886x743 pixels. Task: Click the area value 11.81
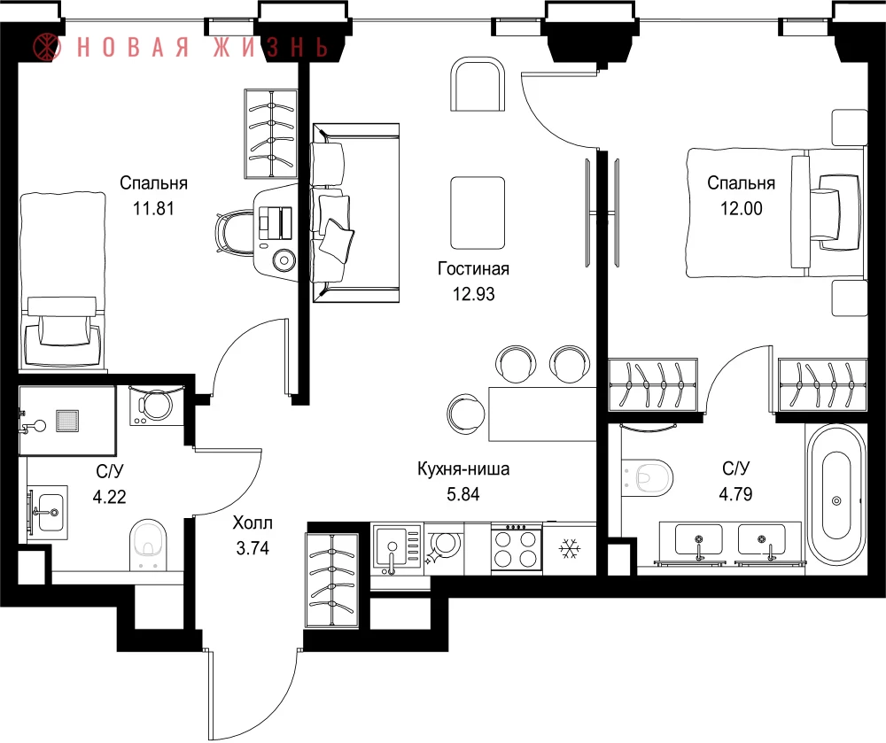pos(153,209)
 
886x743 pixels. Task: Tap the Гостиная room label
pos(473,268)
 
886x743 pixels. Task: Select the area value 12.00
pos(741,209)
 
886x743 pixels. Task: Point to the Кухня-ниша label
pos(463,468)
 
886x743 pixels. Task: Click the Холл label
pos(253,522)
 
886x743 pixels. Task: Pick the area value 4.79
pos(735,494)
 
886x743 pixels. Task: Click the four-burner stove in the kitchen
pos(516,548)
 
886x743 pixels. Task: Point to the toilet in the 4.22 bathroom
pos(149,545)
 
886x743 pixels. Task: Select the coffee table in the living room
pos(478,213)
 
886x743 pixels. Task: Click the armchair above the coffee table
pos(478,84)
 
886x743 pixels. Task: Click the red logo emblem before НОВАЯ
pos(46,46)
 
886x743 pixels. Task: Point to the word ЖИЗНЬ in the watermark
pos(270,46)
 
